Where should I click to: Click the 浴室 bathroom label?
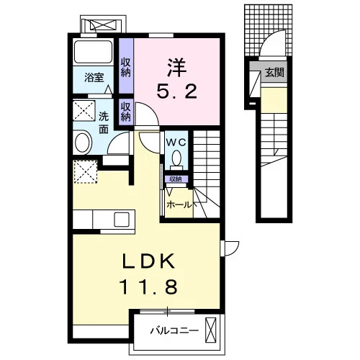point(94,77)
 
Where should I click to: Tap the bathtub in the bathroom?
point(94,52)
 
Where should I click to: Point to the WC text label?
point(176,143)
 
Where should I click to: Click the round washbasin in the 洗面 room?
point(82,143)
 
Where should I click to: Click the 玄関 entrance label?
point(274,72)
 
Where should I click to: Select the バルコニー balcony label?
point(174,331)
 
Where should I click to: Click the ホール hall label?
point(179,205)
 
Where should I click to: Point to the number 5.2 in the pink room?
point(177,91)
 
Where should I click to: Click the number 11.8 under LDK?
point(149,287)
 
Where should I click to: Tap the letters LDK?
point(148,261)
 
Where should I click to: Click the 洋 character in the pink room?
point(177,67)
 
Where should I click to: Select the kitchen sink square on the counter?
point(122,220)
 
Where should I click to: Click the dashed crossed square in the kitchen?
point(86,172)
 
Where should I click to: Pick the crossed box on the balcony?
point(211,330)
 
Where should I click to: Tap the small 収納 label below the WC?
point(176,179)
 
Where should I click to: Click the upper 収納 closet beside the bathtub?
point(126,68)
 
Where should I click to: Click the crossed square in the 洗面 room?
point(84,111)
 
